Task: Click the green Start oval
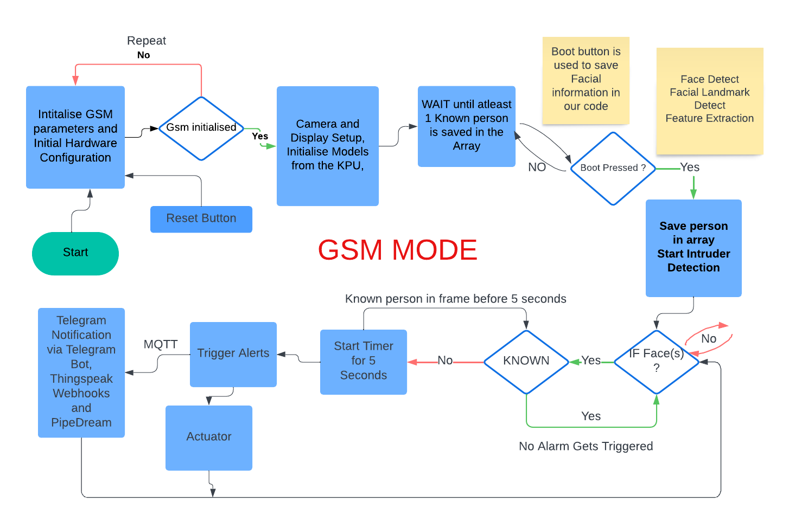(75, 253)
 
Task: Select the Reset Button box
(201, 218)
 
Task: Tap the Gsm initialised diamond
(201, 128)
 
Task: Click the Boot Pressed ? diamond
(613, 168)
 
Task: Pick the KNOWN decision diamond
(526, 361)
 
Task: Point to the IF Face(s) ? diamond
(656, 361)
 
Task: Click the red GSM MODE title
(397, 250)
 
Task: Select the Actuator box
(208, 437)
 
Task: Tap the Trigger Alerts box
(233, 353)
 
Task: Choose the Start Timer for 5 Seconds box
(363, 361)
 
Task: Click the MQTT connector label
(160, 344)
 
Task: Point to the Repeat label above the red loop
(146, 41)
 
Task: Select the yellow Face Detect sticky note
(709, 100)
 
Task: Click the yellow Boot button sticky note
(586, 80)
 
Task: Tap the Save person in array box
(693, 247)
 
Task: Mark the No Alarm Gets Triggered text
(586, 446)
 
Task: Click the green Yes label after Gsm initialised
(260, 137)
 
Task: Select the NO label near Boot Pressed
(537, 168)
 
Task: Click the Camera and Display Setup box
(327, 145)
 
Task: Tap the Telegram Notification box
(81, 372)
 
